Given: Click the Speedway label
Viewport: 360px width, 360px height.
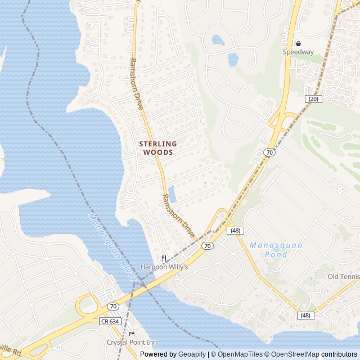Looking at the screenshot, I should pos(298,52).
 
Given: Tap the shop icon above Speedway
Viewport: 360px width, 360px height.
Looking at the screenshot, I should pos(298,43).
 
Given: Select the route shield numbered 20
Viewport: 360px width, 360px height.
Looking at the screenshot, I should pos(313,98).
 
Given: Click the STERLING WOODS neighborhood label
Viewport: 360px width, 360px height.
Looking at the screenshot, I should pos(157,148).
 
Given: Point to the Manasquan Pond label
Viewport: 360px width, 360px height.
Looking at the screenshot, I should pos(276,250).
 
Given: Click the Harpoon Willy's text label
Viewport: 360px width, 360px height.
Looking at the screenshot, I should pos(164,267).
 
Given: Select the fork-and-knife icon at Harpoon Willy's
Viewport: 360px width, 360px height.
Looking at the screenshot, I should pos(164,259).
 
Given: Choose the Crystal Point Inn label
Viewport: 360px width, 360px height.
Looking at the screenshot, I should pos(132,342).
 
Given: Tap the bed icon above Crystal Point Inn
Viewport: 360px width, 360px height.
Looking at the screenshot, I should pos(132,334).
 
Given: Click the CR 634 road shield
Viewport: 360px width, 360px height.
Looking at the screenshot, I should pos(111,321).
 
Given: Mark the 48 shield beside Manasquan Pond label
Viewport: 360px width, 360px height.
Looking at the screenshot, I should pos(235,231).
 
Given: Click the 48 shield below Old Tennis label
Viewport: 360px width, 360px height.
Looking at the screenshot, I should pos(306,316).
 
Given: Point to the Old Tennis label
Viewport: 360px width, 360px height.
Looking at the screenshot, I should pos(343,276).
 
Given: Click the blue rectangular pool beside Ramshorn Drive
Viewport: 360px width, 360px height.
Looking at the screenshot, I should pos(172,194).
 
